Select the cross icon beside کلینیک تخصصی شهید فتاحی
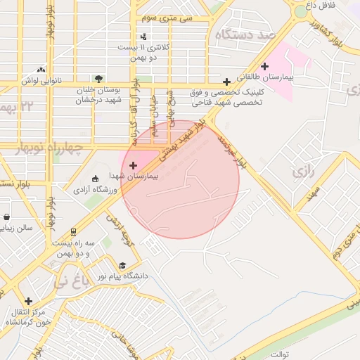[x=226, y=82]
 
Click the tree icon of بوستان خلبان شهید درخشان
[x=98, y=79]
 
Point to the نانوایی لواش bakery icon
[x=41, y=70]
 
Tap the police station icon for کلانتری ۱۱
[x=144, y=37]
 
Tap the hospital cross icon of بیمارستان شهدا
[x=134, y=165]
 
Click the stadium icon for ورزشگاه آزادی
[x=96, y=179]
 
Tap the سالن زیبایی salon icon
[x=6, y=217]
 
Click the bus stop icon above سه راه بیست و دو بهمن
[x=73, y=231]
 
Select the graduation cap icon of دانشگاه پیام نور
[x=123, y=266]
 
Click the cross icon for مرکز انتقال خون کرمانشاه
[x=28, y=301]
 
